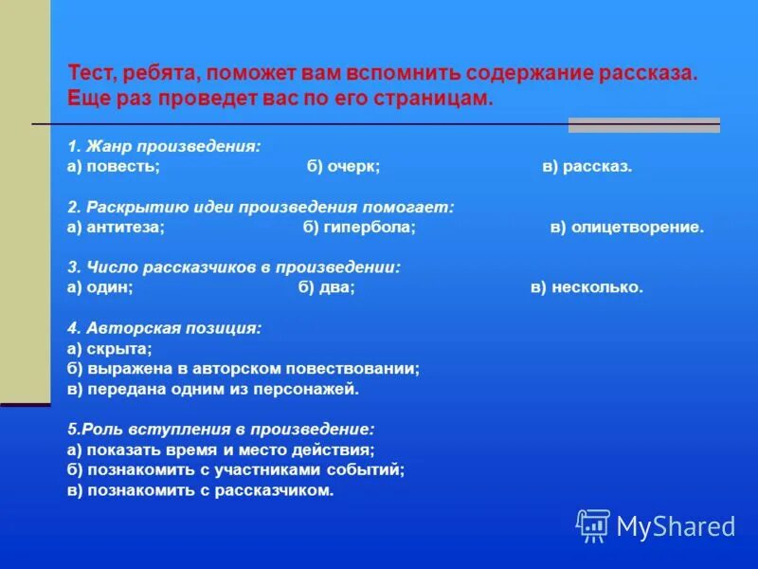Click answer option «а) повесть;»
point(114,166)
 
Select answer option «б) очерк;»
point(343,166)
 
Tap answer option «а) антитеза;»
point(117,228)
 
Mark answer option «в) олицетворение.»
point(627,228)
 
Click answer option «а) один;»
point(99,288)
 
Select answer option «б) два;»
point(326,288)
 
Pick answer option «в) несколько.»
point(587,288)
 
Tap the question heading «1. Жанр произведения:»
point(164,146)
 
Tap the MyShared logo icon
point(593,525)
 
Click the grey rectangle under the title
point(643,125)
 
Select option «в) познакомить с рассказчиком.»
point(201,490)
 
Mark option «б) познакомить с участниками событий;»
point(236,469)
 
